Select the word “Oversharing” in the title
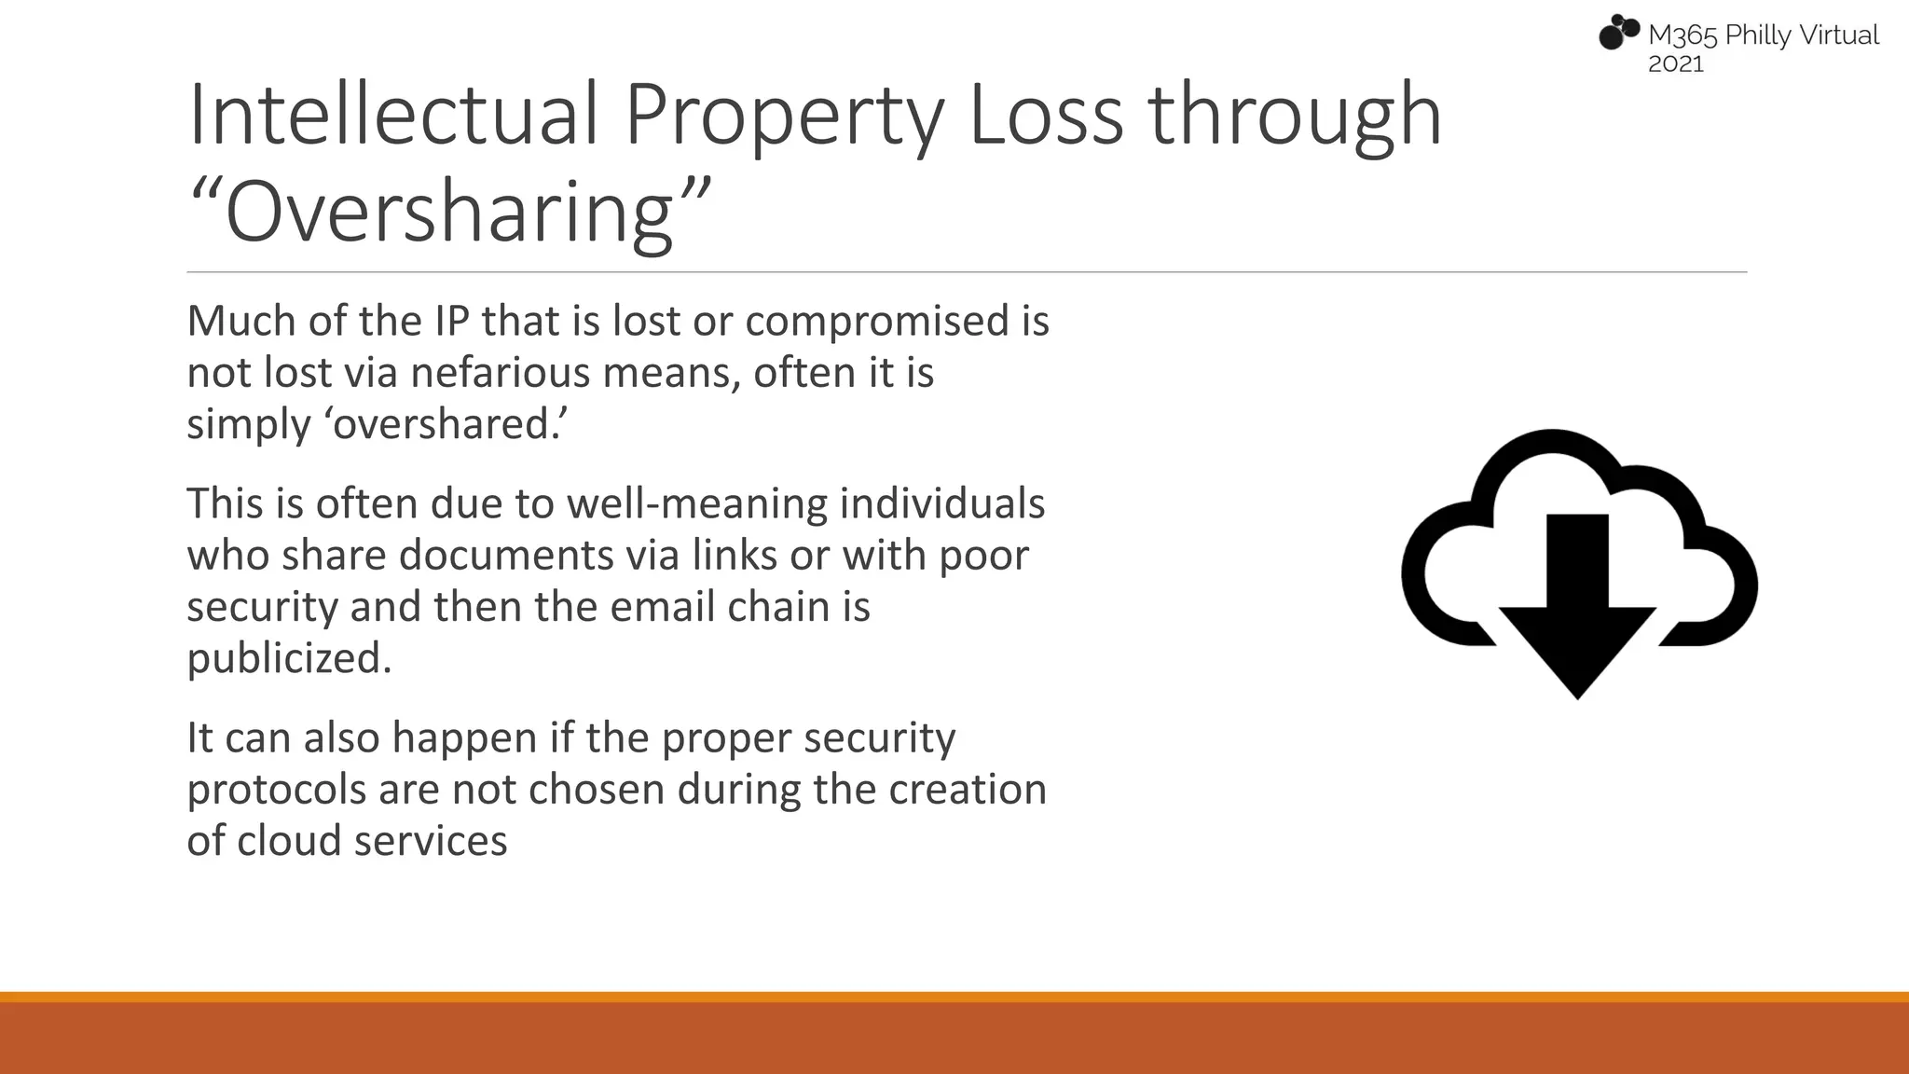(450, 212)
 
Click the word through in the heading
(1295, 117)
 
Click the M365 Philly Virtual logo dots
(1619, 32)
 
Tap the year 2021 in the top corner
(1676, 64)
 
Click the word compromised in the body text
(877, 322)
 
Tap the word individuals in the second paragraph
(942, 504)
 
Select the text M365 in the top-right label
(1682, 35)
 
